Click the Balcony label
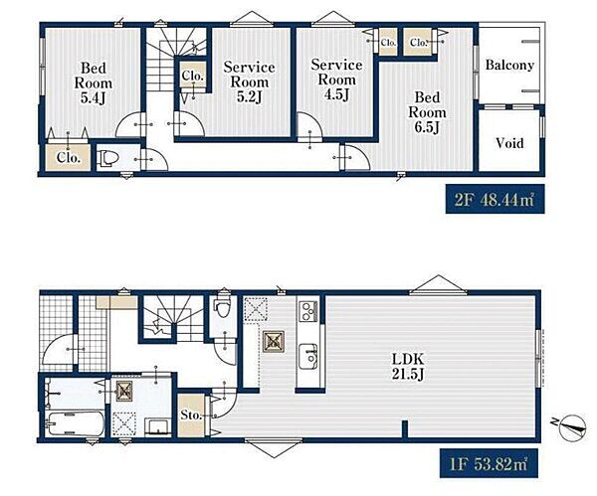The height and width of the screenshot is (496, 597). [x=509, y=65]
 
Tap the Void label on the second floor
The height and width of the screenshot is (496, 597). [x=509, y=143]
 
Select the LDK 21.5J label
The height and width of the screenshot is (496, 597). [x=408, y=367]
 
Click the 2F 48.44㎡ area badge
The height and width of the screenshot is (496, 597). [x=495, y=199]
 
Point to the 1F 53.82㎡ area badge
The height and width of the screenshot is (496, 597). [x=489, y=463]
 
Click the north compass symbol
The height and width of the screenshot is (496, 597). [x=572, y=427]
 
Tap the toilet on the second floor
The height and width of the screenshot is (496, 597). [x=106, y=158]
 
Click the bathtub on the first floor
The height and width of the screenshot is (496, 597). [x=75, y=423]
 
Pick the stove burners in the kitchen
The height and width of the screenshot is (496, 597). [x=308, y=311]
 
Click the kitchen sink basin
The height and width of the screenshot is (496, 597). [x=308, y=357]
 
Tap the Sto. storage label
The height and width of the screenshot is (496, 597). [x=191, y=414]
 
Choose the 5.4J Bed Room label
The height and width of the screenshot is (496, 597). [x=94, y=83]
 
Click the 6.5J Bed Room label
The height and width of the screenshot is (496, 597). [x=427, y=112]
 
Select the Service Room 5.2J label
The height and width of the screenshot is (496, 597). [x=250, y=82]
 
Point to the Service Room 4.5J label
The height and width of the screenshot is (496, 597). [x=336, y=80]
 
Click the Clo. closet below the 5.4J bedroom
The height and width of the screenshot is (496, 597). [x=69, y=157]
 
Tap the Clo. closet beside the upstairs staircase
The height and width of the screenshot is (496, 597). [x=193, y=76]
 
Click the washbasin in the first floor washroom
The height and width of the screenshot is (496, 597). [x=159, y=426]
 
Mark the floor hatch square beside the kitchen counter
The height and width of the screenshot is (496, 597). [x=274, y=342]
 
